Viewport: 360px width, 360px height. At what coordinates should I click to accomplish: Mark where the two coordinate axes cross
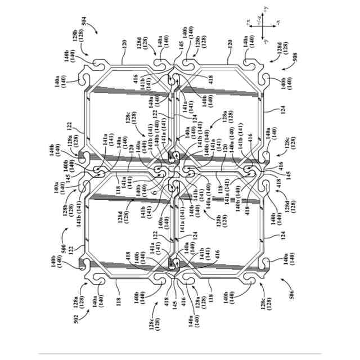263,25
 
